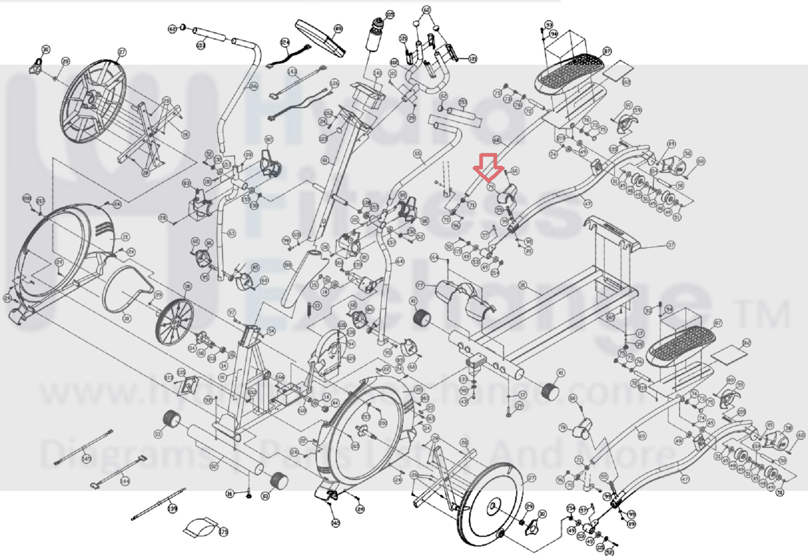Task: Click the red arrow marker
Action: (x=488, y=167)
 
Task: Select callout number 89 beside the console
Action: (x=338, y=29)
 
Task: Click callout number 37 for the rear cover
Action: (x=671, y=245)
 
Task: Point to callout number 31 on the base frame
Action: (x=523, y=285)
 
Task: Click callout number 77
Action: (x=420, y=285)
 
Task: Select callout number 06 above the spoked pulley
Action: (x=188, y=286)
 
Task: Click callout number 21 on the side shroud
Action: (x=125, y=237)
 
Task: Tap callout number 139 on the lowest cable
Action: (x=173, y=508)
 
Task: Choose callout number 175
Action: (x=223, y=531)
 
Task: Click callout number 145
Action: (x=87, y=458)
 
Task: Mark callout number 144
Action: (x=124, y=481)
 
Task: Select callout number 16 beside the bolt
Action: (x=230, y=493)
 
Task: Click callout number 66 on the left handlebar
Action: (x=253, y=86)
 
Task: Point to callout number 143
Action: (x=292, y=72)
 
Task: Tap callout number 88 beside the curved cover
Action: (x=288, y=265)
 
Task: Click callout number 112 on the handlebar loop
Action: (x=394, y=62)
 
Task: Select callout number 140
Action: (x=377, y=73)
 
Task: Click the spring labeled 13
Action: (x=309, y=308)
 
